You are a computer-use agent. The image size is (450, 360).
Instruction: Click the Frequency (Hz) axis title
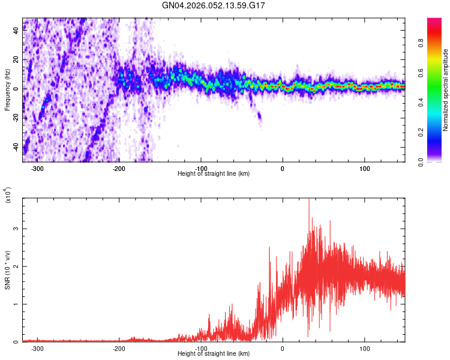click(x=7, y=90)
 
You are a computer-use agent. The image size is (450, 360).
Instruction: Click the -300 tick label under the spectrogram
click(x=37, y=169)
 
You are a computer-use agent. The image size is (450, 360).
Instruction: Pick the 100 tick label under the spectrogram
click(x=364, y=169)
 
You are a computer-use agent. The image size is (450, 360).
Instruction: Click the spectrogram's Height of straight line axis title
click(x=214, y=174)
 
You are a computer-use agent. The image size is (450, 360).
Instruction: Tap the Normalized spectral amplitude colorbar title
click(x=446, y=90)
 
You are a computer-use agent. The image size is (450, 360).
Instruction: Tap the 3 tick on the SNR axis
click(x=17, y=229)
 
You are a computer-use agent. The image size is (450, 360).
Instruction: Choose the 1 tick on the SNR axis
click(x=17, y=304)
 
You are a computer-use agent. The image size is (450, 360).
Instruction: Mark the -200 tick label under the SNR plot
click(x=119, y=349)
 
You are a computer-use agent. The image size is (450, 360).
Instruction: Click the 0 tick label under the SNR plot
click(x=283, y=349)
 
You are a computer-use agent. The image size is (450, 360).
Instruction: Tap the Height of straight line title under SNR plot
click(x=214, y=354)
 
